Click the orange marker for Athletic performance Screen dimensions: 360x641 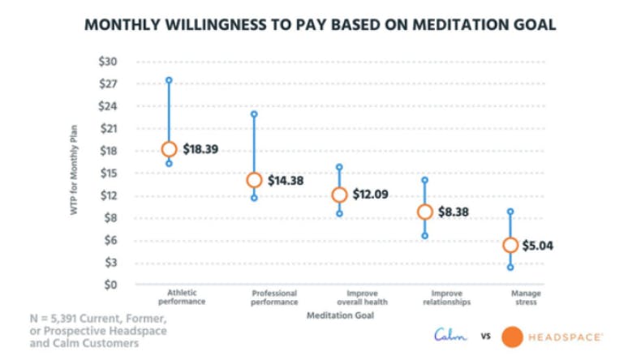click(x=169, y=149)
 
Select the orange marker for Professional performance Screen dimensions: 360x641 click(x=254, y=180)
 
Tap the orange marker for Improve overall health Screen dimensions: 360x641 click(x=339, y=195)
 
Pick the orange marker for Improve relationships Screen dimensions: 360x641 click(x=424, y=212)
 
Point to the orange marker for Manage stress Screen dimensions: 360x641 click(x=510, y=245)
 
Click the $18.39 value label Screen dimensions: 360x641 click(x=200, y=150)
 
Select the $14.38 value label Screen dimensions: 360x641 click(x=286, y=181)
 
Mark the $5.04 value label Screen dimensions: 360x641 click(x=539, y=246)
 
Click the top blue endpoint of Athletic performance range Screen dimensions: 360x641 click(x=169, y=80)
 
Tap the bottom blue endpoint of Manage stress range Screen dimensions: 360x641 click(x=510, y=267)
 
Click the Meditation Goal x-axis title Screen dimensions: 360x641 click(x=340, y=315)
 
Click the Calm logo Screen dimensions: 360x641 click(x=450, y=335)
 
